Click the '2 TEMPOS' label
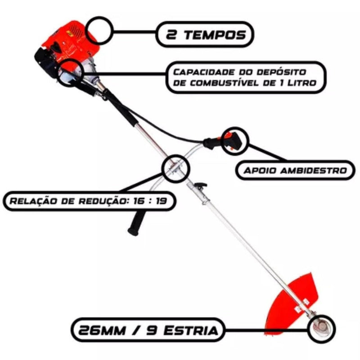click(205, 34)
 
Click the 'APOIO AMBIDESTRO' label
click(295, 171)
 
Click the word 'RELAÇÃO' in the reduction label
click(33, 201)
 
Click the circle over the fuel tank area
click(71, 72)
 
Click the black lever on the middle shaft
click(200, 185)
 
